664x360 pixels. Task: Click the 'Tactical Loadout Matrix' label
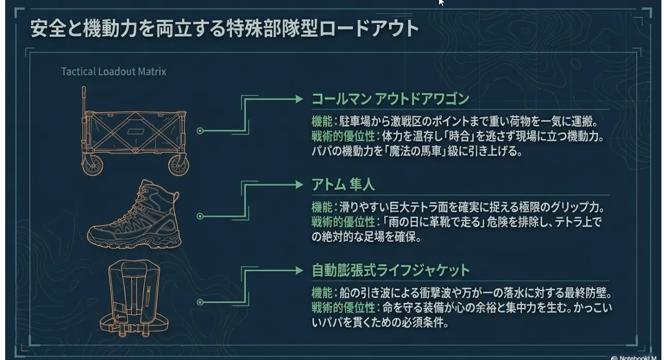point(114,72)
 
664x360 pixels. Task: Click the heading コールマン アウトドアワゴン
point(390,99)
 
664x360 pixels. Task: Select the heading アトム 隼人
point(343,185)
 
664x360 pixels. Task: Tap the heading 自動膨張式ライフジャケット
point(391,270)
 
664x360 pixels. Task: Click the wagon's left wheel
point(92,165)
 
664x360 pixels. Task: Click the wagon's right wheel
point(179,166)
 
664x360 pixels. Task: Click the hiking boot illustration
point(134,214)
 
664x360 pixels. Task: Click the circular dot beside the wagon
point(200,130)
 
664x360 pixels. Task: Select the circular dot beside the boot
point(200,216)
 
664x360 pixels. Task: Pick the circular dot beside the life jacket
point(200,302)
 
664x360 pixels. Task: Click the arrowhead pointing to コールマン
point(299,99)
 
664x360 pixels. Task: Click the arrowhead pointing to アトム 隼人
point(299,185)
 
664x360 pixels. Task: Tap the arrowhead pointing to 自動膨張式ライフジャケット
point(299,271)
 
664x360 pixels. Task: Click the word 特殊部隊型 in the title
point(272,29)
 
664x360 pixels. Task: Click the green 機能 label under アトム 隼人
point(322,207)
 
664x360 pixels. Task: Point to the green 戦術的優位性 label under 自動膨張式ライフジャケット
point(343,308)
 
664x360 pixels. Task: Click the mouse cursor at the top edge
point(441,3)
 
